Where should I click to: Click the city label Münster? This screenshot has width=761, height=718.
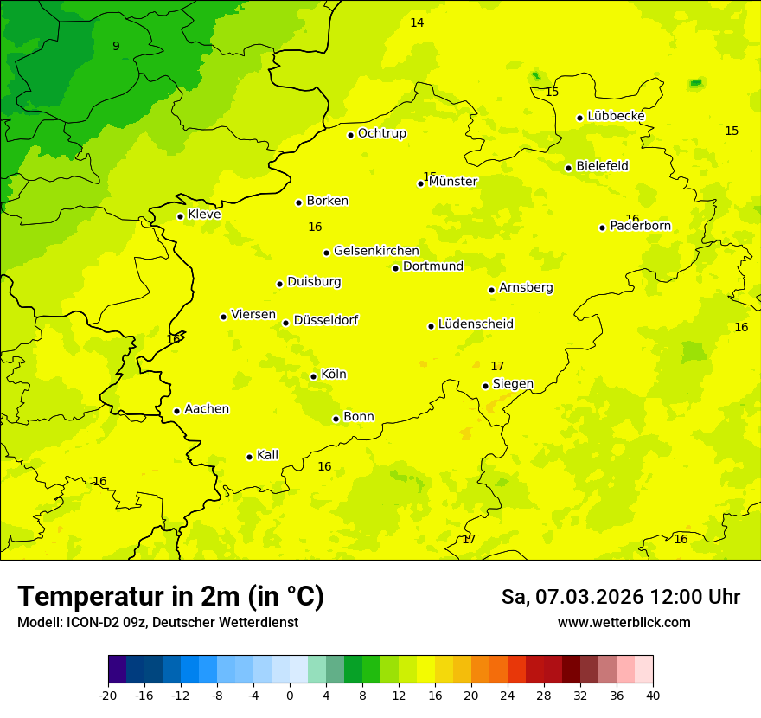point(452,182)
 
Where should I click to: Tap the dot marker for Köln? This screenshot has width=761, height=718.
point(313,376)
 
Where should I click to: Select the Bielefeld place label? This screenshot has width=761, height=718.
point(602,166)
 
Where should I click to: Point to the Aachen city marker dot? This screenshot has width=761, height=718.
point(176,411)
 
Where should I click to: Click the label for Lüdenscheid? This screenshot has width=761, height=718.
point(476,324)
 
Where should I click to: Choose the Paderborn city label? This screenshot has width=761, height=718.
point(640,226)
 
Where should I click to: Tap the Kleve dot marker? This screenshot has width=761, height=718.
point(180,216)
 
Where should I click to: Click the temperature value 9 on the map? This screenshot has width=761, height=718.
point(116,46)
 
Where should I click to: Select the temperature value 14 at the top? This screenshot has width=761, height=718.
point(417,22)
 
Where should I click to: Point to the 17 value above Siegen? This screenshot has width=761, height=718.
point(497,366)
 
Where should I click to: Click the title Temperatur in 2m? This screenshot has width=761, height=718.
point(170,596)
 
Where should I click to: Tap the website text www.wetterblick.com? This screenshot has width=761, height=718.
point(624,622)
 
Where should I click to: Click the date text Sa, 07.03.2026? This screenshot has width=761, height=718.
point(571,597)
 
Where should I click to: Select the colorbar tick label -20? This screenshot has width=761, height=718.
point(108,695)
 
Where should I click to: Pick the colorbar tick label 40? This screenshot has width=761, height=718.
point(653,695)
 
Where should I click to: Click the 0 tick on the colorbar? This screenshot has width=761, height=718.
point(290,695)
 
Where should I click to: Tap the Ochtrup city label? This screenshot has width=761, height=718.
point(381,133)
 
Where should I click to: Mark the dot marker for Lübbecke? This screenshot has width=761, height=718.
point(579,118)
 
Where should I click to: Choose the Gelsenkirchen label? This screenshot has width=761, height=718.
point(376,251)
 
